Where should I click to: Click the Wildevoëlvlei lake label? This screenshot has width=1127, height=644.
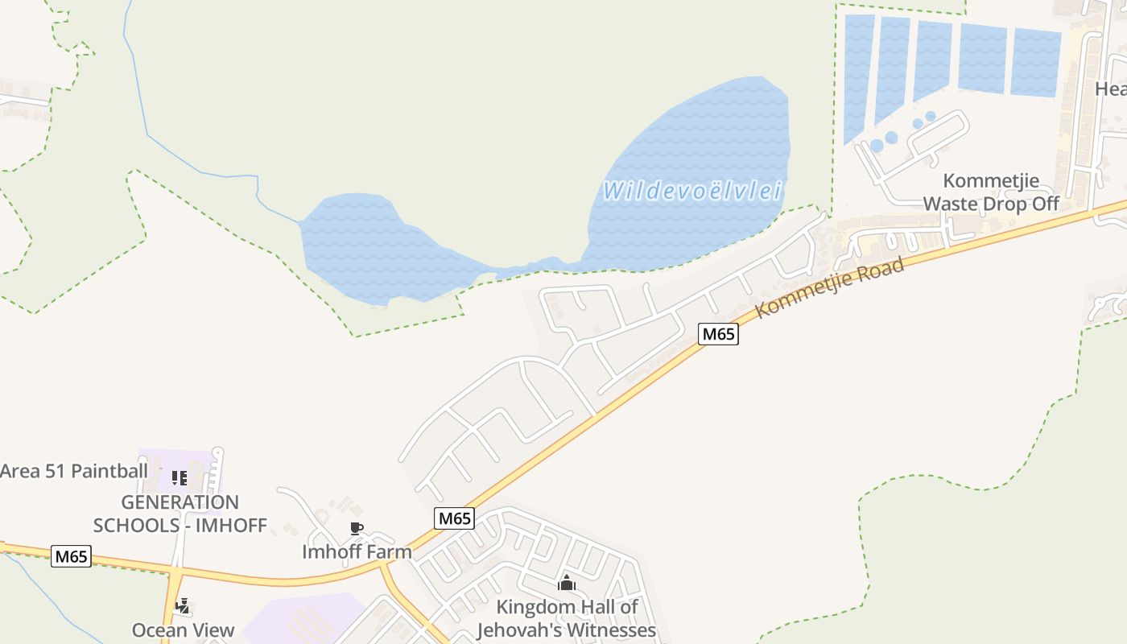point(692,191)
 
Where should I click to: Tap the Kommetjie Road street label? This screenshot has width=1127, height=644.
point(830,287)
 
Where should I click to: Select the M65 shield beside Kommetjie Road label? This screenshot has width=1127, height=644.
point(717,333)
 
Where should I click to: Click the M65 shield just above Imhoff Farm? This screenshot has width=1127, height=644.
point(454,518)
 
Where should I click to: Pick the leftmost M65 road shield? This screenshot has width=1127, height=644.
point(71,555)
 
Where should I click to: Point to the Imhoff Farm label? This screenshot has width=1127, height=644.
point(357,551)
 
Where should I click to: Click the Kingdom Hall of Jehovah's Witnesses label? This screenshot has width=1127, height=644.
point(567,618)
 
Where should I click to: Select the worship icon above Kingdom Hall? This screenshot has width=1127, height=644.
point(567,583)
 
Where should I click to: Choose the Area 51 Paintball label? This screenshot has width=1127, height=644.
point(74,471)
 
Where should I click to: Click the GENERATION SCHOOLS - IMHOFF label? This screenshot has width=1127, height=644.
point(180,514)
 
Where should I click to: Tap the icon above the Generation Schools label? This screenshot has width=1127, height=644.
point(180,478)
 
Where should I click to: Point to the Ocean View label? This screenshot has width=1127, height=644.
point(184,630)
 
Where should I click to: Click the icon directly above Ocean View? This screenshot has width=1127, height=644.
point(183,605)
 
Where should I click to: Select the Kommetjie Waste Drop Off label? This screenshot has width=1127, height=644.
point(991,192)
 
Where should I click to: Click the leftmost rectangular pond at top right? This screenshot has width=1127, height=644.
point(858,76)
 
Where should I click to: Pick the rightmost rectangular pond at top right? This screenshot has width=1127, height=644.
point(1035,63)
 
